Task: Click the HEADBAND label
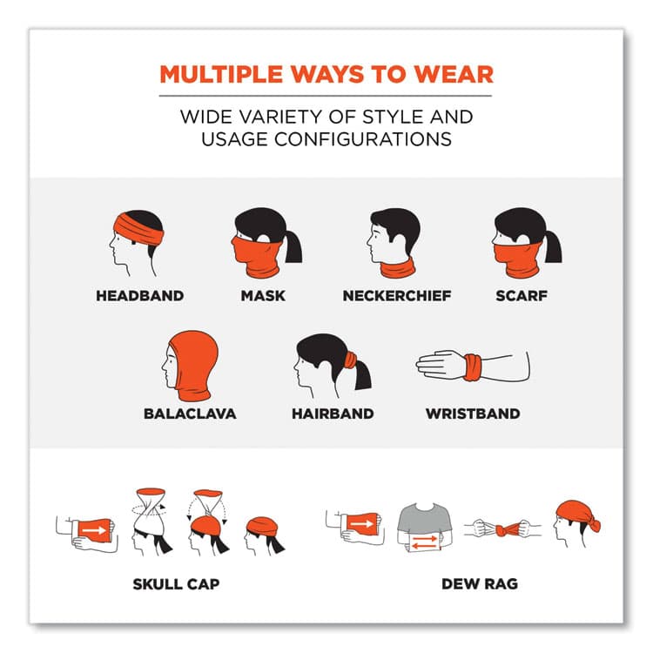(x=140, y=296)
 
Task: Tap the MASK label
(x=263, y=296)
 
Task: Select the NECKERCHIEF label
(x=397, y=296)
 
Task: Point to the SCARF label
(x=522, y=296)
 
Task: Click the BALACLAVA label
(x=190, y=414)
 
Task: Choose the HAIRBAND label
(x=333, y=414)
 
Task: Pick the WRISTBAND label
(x=473, y=414)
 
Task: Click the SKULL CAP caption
(x=176, y=584)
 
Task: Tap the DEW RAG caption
(x=480, y=584)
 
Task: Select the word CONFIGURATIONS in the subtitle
(x=362, y=139)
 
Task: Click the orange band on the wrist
(x=473, y=367)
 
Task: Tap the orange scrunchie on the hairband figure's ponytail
(x=351, y=360)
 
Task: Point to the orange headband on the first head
(x=138, y=230)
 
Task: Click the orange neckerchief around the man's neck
(x=398, y=269)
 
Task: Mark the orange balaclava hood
(x=192, y=365)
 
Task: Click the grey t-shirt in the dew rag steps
(x=425, y=520)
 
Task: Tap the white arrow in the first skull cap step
(x=94, y=530)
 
